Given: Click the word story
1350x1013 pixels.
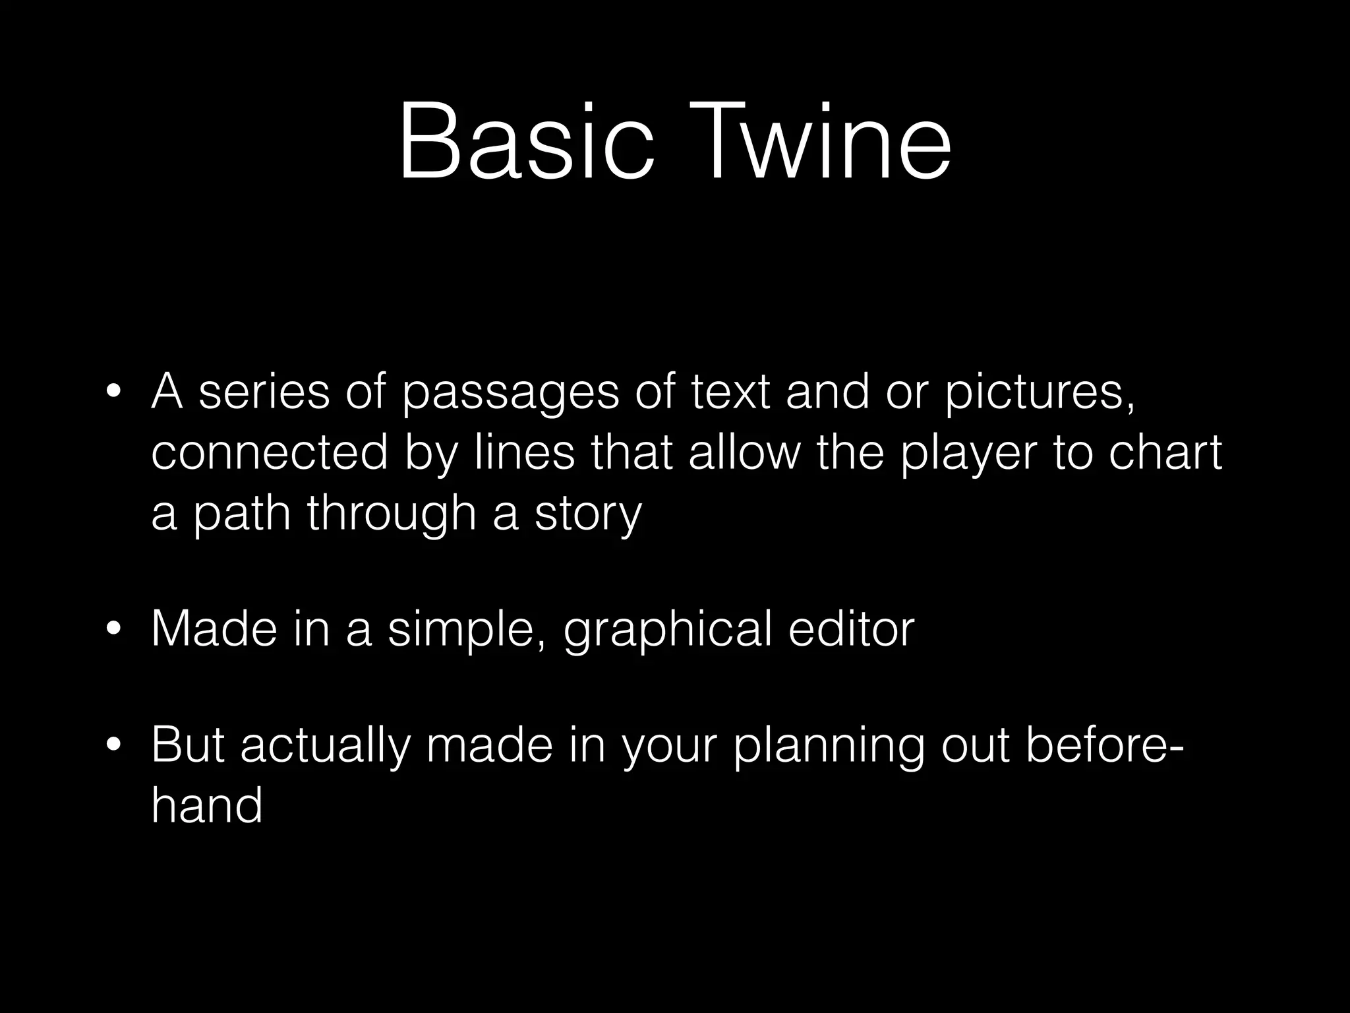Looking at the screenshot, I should pyautogui.click(x=588, y=514).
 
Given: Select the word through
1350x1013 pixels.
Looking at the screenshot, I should pyautogui.click(x=392, y=514).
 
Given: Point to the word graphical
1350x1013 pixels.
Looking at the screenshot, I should pyautogui.click(x=668, y=630).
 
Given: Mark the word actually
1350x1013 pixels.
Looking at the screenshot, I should pyautogui.click(x=325, y=748).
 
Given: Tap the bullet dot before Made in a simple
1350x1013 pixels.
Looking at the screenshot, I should pyautogui.click(x=113, y=630).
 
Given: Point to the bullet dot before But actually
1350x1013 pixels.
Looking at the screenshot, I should pyautogui.click(x=113, y=747).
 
